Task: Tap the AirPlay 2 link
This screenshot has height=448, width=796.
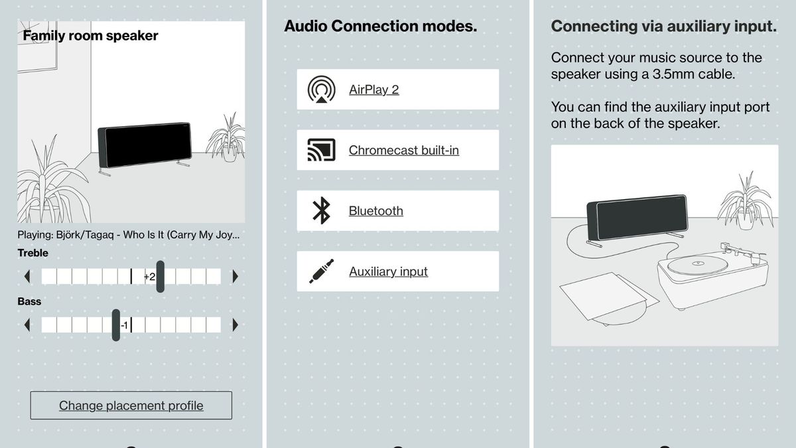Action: click(373, 90)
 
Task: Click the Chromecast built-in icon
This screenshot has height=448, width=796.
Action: click(322, 150)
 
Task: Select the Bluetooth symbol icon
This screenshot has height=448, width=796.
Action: click(322, 211)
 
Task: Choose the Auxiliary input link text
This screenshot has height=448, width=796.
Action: click(388, 271)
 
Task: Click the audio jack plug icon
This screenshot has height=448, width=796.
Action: click(322, 271)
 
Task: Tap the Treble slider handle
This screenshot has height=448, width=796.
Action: click(161, 276)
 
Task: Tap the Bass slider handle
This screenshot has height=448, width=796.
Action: click(116, 325)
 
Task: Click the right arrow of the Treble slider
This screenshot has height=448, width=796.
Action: click(235, 276)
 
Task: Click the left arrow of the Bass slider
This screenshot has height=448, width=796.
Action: click(27, 325)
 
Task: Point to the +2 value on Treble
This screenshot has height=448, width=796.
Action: click(149, 277)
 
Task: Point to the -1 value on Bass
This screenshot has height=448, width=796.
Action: click(124, 325)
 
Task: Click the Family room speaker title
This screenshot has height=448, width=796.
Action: click(90, 36)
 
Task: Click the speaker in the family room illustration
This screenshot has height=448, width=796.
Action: click(144, 145)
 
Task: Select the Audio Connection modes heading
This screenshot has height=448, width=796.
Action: click(380, 27)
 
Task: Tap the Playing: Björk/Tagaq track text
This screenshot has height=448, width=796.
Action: click(129, 235)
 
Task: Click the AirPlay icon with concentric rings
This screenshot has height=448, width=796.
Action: click(322, 90)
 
